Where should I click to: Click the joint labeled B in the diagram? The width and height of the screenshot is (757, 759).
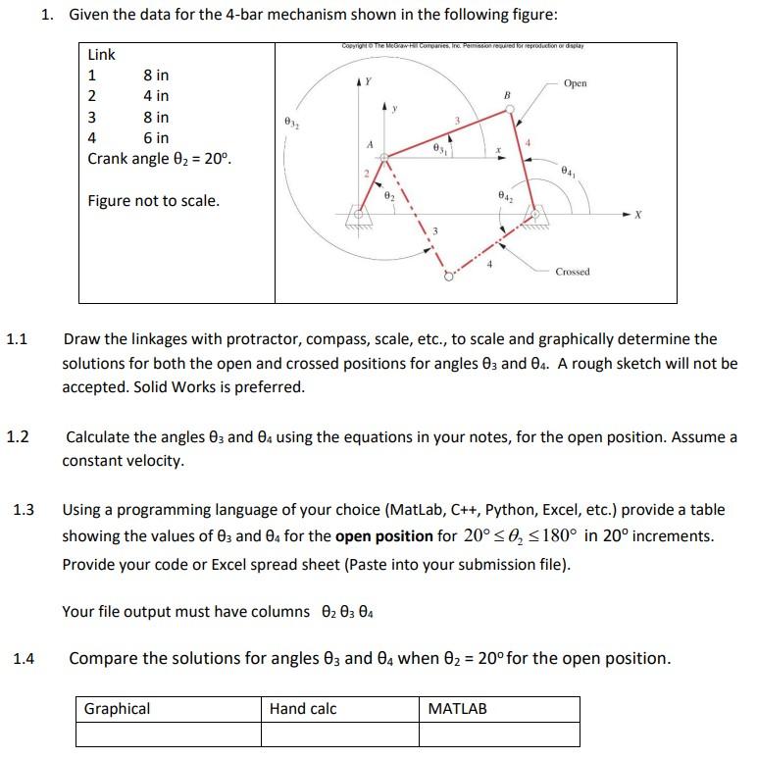(507, 109)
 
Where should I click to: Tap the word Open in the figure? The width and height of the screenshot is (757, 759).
(576, 83)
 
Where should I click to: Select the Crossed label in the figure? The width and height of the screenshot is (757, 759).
(573, 271)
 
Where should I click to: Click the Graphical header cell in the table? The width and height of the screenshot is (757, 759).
(118, 708)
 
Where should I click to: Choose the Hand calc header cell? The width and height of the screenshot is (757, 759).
(303, 708)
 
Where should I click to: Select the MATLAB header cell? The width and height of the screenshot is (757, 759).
(458, 708)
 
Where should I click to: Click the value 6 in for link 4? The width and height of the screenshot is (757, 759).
(156, 138)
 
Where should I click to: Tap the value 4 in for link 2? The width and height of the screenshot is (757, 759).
(156, 96)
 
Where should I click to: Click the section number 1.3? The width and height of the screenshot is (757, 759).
(25, 509)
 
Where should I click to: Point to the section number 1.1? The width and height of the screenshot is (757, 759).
(17, 339)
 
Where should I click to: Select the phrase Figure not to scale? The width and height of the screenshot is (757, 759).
(154, 201)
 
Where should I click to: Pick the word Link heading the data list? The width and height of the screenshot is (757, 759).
(102, 55)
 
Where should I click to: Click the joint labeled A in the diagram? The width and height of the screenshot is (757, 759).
(385, 156)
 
